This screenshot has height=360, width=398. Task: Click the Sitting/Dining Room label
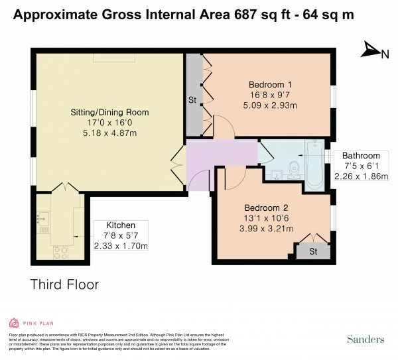(x=110, y=112)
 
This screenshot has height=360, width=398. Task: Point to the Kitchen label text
(x=121, y=225)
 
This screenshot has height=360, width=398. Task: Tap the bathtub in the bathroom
(x=314, y=162)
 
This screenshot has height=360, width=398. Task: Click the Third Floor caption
(x=64, y=284)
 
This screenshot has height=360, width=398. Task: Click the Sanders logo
(x=365, y=339)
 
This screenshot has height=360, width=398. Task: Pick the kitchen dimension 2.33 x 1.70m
(x=121, y=246)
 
